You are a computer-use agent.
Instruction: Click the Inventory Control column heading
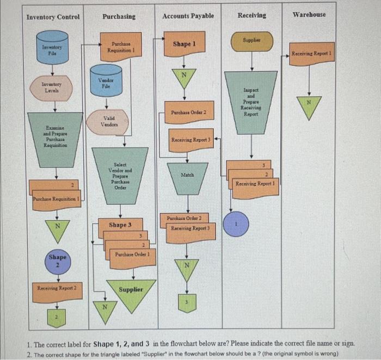(x=53, y=17)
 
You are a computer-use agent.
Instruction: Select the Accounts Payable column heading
(x=188, y=16)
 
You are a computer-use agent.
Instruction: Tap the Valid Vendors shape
(x=108, y=121)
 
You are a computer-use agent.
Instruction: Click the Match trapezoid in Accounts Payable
(x=187, y=177)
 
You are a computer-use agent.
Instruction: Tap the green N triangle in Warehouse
(x=309, y=106)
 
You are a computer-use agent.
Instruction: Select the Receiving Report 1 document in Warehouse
(x=312, y=54)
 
